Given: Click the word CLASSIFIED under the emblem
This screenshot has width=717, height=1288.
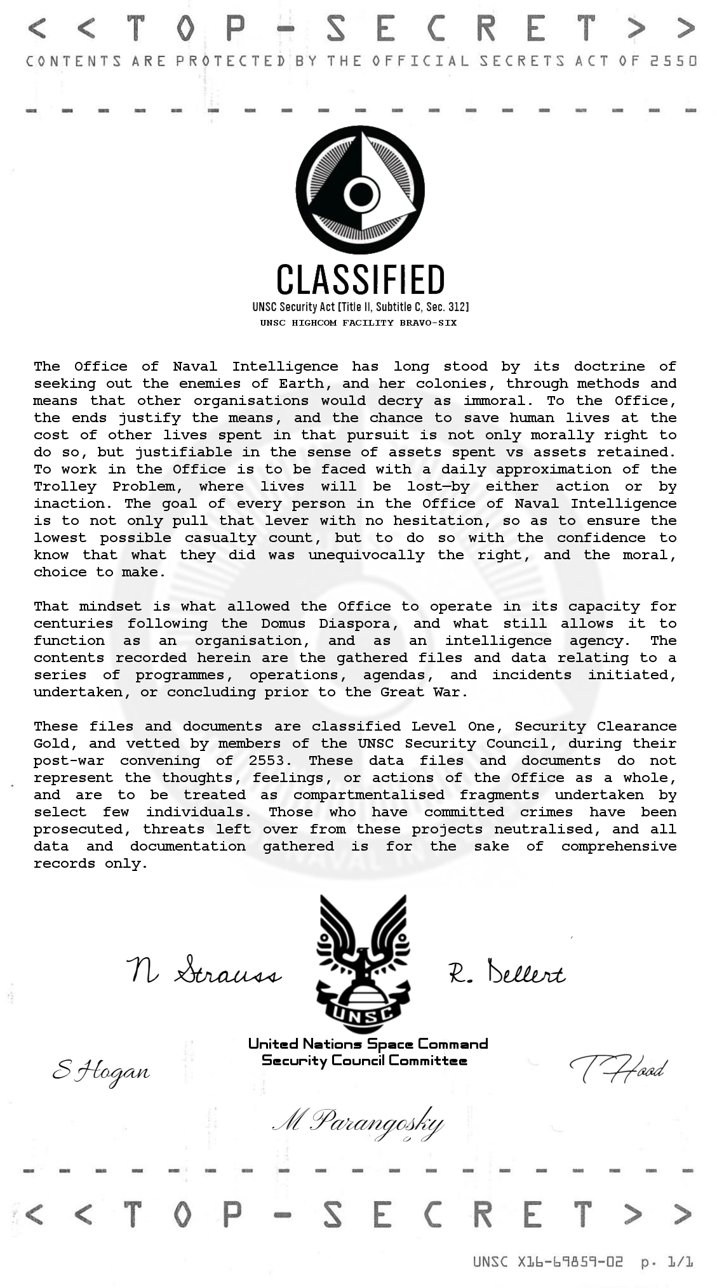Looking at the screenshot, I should [360, 280].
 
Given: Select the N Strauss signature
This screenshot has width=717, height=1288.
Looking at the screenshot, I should [204, 971].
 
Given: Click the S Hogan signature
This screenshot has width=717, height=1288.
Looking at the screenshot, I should [101, 1072].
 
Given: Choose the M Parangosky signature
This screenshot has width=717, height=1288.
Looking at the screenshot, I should [358, 1123].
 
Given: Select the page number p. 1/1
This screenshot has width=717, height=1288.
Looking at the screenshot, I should [667, 1262].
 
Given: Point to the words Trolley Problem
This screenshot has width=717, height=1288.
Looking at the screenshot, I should [104, 487].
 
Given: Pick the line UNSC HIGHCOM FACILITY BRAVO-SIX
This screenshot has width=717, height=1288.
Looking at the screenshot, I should [358, 323].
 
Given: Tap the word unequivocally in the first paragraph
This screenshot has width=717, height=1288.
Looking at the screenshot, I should [366, 555].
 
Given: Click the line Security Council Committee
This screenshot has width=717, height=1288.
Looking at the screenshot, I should [364, 1061].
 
